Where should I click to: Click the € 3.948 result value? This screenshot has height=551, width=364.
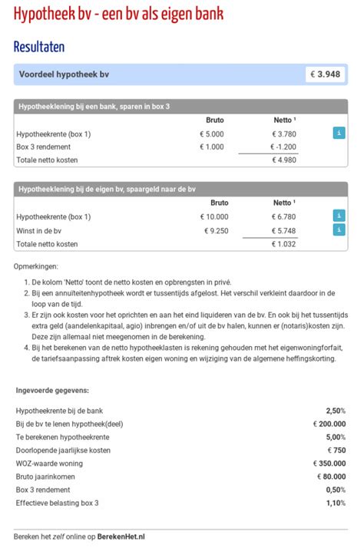(326, 74)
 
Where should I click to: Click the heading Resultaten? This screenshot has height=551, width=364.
(39, 46)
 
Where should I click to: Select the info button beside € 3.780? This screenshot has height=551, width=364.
(339, 134)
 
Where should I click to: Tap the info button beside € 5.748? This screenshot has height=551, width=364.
(339, 230)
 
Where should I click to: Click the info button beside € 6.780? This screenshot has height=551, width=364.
(339, 216)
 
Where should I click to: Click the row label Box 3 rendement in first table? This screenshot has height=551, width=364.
(45, 147)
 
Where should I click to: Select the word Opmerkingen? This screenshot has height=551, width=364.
(36, 267)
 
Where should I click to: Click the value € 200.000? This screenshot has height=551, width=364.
(329, 424)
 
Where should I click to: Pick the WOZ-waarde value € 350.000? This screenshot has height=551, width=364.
(329, 464)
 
